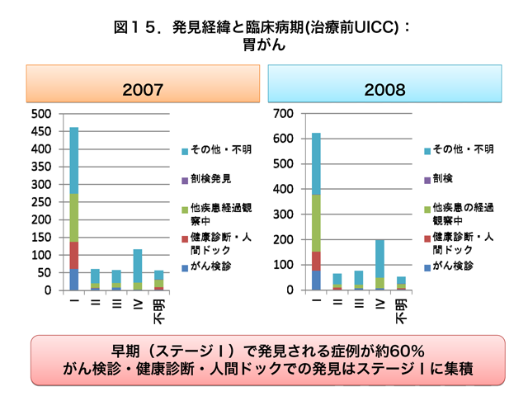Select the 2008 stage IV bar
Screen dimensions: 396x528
[x=380, y=265]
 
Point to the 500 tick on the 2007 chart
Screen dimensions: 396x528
[x=41, y=113]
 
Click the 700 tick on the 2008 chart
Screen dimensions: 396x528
[x=283, y=113]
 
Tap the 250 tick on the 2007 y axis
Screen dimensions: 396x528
[x=41, y=202]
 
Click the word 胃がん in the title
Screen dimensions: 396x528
[x=264, y=45]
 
